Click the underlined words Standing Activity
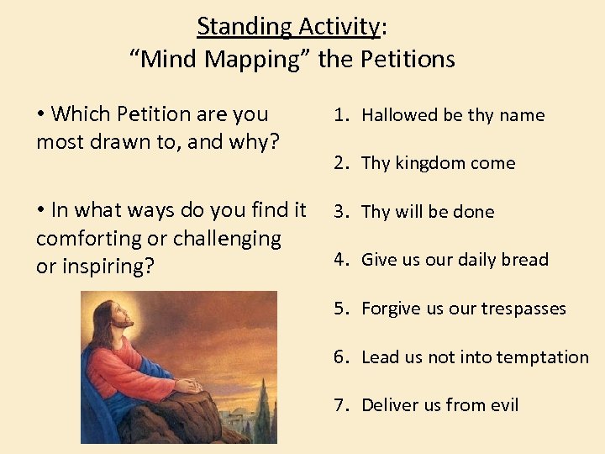(x=288, y=27)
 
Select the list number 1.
(x=339, y=115)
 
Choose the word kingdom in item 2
(x=431, y=164)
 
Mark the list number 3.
(x=339, y=212)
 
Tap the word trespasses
(x=523, y=309)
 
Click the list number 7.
(x=339, y=405)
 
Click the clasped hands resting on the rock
(x=190, y=386)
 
